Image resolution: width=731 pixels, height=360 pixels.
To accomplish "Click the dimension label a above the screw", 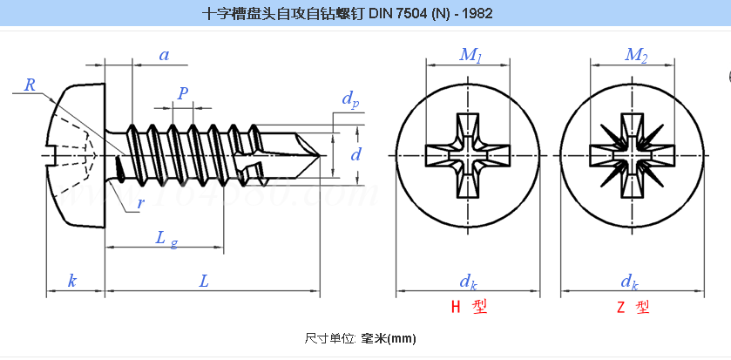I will pos(164,55).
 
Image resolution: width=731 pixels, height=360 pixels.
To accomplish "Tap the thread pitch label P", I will pos(183,93).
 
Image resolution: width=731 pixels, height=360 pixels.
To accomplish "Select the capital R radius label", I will pos(30,85).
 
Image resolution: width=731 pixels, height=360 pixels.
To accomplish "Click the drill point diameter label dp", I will pos(350,99).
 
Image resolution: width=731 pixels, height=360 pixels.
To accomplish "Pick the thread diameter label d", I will pos(355,154).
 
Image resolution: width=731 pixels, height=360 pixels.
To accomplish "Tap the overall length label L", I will pos(203,281).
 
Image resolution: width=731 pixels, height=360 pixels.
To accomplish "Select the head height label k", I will pos(72,281).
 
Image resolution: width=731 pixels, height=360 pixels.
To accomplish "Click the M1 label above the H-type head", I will pos(470,56).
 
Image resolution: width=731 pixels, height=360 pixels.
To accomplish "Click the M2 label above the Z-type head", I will pos(636,56).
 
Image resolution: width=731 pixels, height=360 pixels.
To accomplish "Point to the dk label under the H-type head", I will pos(469,282).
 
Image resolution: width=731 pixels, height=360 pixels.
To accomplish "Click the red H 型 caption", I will pos(469,307).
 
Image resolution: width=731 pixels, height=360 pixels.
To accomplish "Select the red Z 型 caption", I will pos(633,307).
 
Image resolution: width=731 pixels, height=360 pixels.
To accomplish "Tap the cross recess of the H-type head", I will pos(467,155).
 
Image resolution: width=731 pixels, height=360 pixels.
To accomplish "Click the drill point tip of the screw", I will pos(319,155).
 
